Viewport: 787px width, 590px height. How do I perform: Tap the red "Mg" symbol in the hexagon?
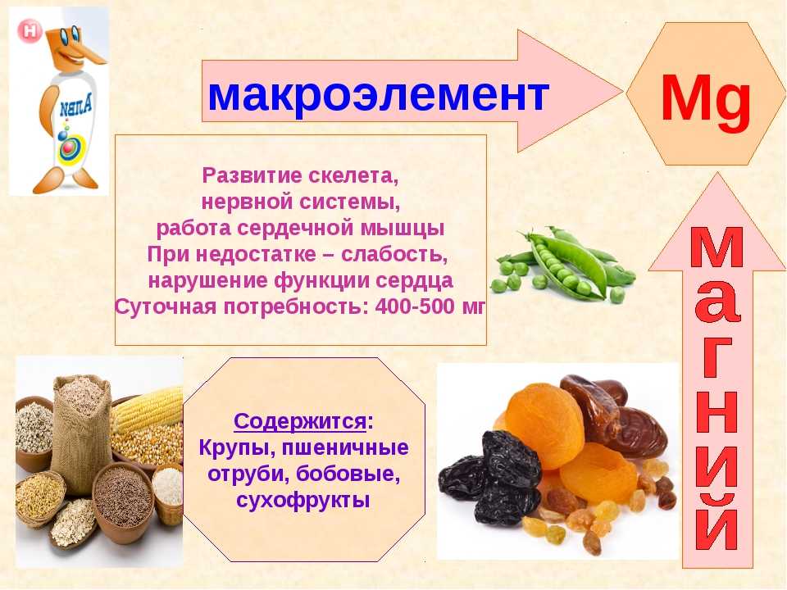coord(706,98)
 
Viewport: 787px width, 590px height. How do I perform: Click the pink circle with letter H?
coord(30,31)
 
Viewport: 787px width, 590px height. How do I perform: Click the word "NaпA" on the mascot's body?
coord(75,107)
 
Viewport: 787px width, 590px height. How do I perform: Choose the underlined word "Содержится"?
coord(300,421)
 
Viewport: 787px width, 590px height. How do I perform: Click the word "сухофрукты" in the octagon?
coord(303,500)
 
